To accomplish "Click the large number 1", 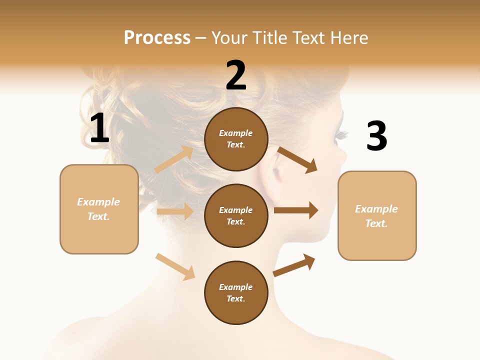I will [99, 128].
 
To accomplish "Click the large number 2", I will [236, 76].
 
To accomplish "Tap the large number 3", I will [376, 136].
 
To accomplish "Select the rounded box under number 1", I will [99, 209].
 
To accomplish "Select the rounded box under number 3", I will [377, 215].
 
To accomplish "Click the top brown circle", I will [236, 139].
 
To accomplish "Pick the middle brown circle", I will [236, 215].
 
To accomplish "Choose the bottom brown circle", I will [236, 292].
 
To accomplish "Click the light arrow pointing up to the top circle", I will [174, 159].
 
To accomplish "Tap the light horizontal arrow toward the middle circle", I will [175, 211].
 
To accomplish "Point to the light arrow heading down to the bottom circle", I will [175, 266].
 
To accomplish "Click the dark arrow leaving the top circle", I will [297, 159].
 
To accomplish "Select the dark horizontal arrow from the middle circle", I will [296, 210].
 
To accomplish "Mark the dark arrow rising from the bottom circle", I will [294, 265].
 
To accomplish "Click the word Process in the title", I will [157, 37].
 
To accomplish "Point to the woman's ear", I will [274, 172].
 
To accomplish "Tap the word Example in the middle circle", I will [236, 210].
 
